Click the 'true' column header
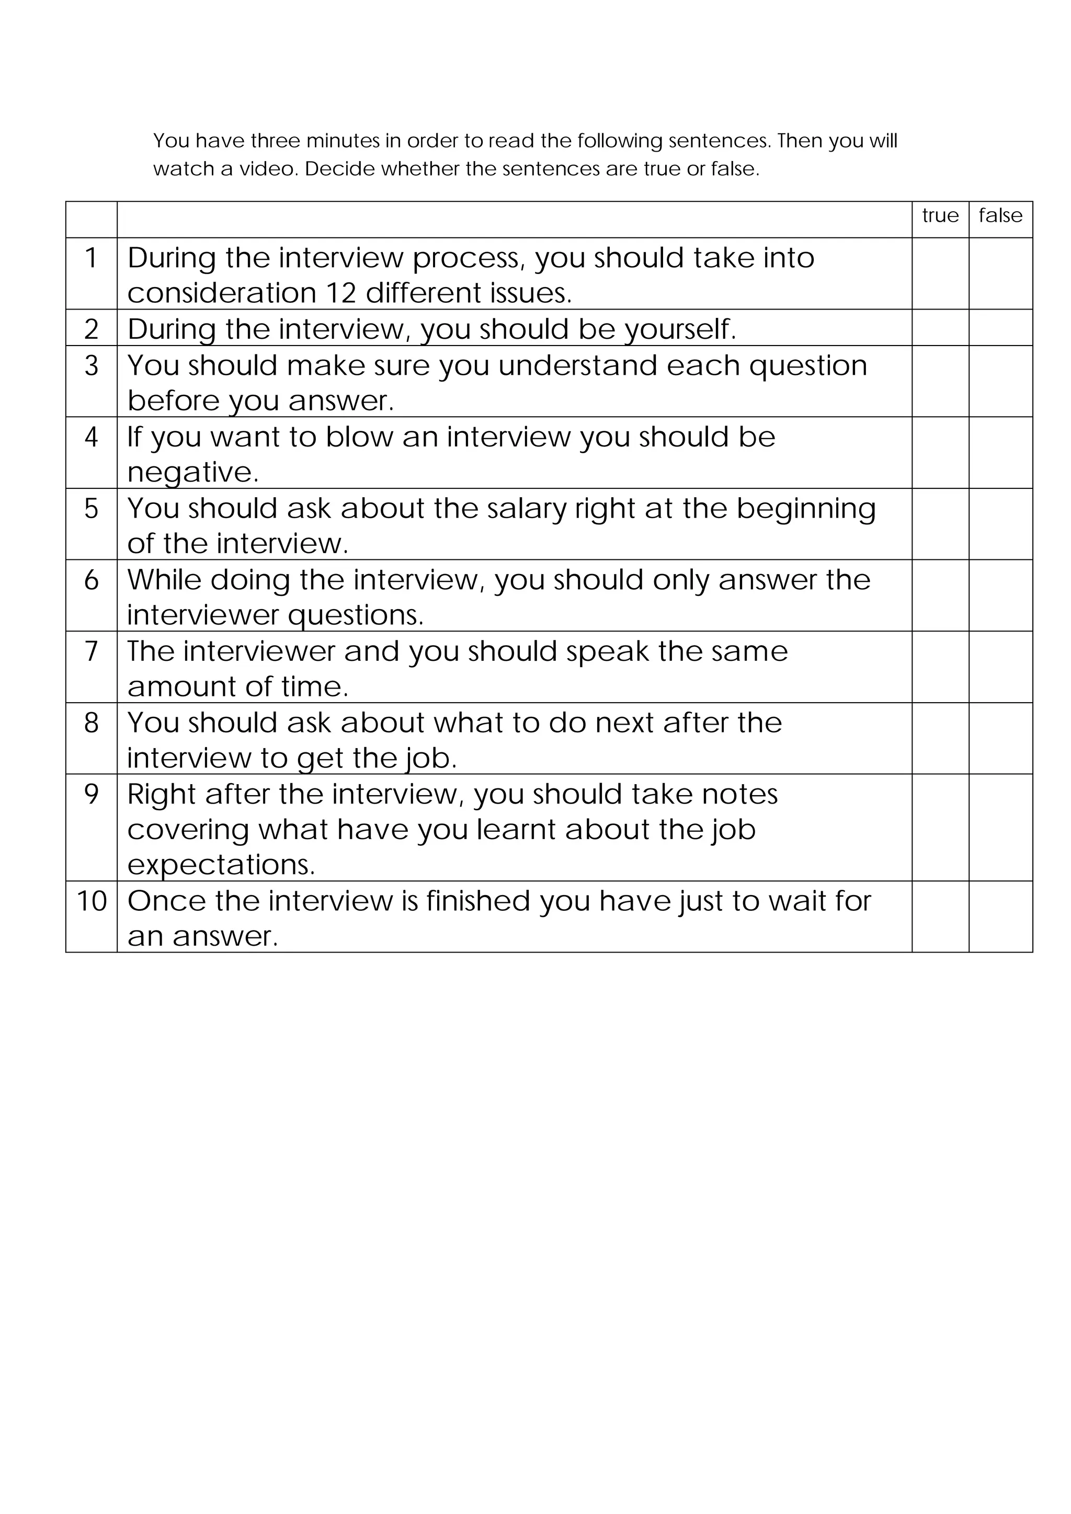click(x=940, y=215)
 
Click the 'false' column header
click(x=1000, y=215)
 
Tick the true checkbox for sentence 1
click(x=940, y=273)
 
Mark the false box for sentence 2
click(x=1000, y=328)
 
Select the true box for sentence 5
click(x=940, y=524)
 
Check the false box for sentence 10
click(x=1000, y=916)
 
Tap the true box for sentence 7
click(x=940, y=667)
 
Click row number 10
click(x=92, y=901)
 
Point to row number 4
click(x=92, y=437)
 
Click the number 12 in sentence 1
click(x=341, y=293)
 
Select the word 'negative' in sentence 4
click(x=192, y=472)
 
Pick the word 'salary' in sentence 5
click(x=526, y=508)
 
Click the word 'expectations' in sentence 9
click(x=220, y=865)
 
